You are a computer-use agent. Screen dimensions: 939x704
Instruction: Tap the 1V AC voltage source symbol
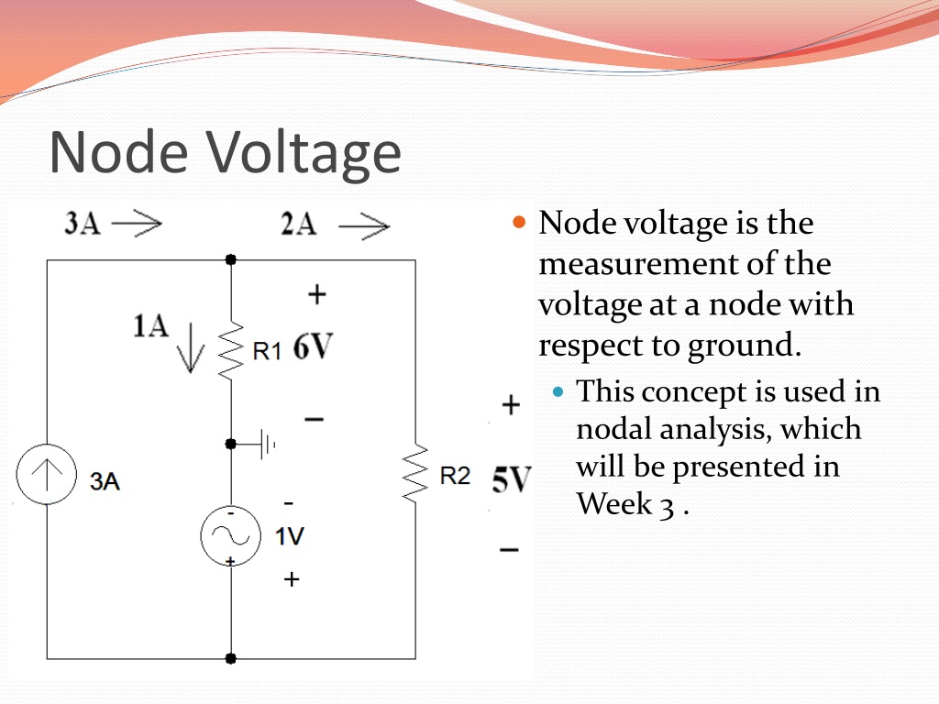pyautogui.click(x=230, y=535)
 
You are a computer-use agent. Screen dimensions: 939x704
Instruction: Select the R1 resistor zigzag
pyautogui.click(x=230, y=349)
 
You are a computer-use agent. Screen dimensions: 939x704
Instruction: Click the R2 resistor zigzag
pyautogui.click(x=415, y=473)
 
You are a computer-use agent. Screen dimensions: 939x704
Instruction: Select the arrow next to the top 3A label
pyautogui.click(x=137, y=223)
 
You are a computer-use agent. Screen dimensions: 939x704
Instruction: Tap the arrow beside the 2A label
pyautogui.click(x=364, y=225)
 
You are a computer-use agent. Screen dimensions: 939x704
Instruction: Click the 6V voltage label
pyautogui.click(x=313, y=347)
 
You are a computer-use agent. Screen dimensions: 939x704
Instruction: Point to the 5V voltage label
pyautogui.click(x=511, y=478)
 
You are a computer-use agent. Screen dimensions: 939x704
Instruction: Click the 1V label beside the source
pyautogui.click(x=290, y=536)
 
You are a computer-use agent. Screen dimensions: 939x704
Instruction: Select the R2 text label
pyautogui.click(x=455, y=476)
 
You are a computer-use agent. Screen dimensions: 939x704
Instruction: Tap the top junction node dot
pyautogui.click(x=231, y=260)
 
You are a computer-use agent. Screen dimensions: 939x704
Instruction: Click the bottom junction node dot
pyautogui.click(x=231, y=658)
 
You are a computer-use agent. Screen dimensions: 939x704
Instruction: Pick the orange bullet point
pyautogui.click(x=519, y=222)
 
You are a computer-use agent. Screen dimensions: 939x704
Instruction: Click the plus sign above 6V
pyautogui.click(x=316, y=294)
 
